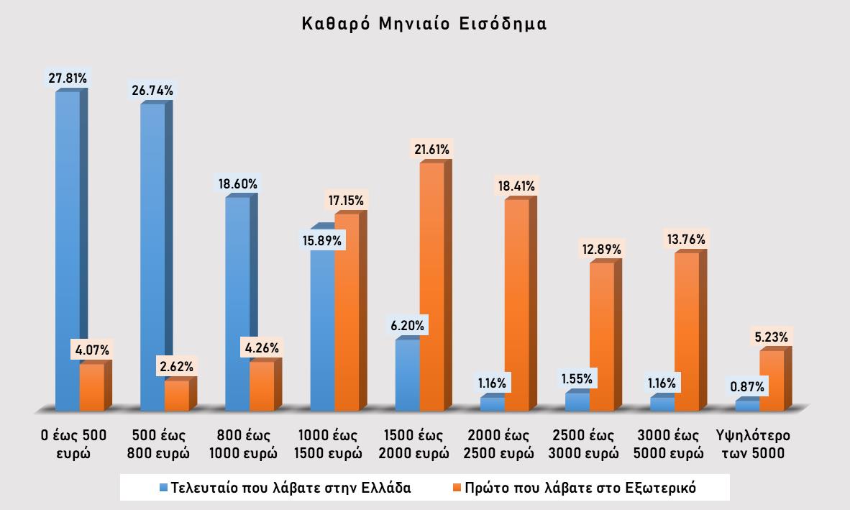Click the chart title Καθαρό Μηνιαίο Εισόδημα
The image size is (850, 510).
pos(424,24)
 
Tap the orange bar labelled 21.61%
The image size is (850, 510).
pos(432,288)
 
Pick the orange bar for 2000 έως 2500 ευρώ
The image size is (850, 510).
pos(516,305)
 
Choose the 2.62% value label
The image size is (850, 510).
pos(177,367)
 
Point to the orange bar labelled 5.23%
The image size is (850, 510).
pos(772,381)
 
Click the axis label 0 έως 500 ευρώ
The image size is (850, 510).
pos(73,445)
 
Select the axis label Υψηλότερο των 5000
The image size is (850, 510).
pos(753,445)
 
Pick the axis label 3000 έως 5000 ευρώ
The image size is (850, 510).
pos(670,445)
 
